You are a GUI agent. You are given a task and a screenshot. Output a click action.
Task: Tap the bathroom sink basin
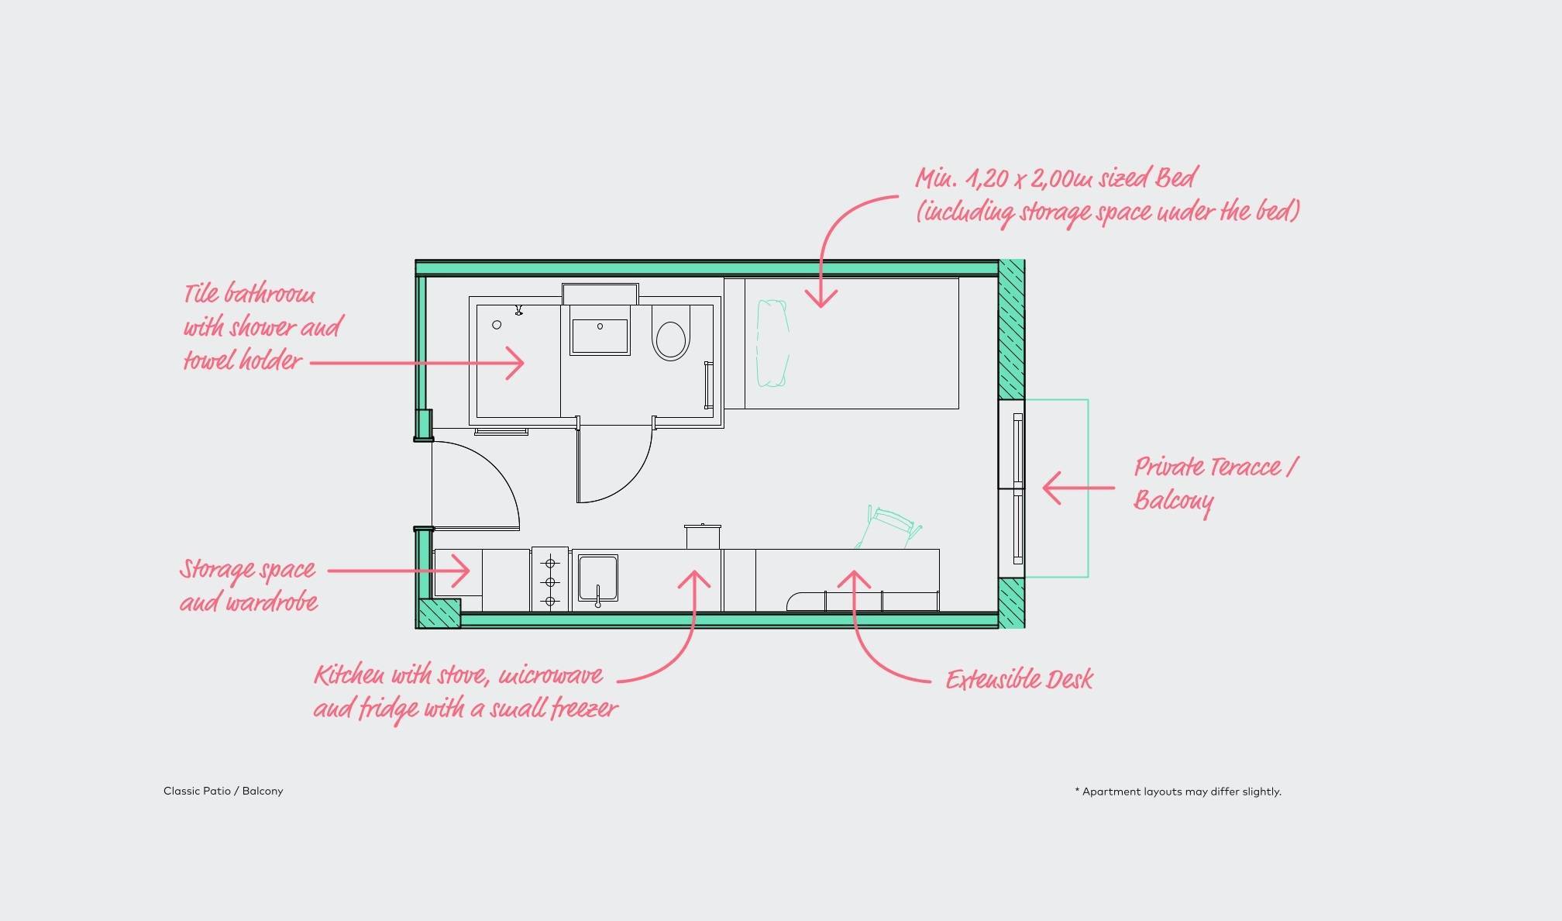click(600, 336)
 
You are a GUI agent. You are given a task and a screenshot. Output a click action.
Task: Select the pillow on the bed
click(772, 343)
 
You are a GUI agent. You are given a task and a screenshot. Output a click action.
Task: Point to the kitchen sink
click(597, 579)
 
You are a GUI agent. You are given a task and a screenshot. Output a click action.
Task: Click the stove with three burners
click(550, 581)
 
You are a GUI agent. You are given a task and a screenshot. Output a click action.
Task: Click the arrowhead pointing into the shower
click(515, 362)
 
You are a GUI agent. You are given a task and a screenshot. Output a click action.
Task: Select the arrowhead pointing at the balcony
click(1051, 488)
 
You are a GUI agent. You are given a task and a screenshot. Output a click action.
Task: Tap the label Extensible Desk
click(1019, 680)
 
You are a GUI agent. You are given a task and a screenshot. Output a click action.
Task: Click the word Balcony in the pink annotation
click(1173, 501)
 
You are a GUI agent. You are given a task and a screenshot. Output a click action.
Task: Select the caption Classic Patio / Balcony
click(223, 791)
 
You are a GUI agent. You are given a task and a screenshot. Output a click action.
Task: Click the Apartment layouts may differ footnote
click(1178, 792)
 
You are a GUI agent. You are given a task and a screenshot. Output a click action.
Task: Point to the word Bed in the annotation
click(1176, 178)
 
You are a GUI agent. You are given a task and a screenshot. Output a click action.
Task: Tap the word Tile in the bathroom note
click(201, 294)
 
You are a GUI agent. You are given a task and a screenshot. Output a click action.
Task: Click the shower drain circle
click(497, 325)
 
